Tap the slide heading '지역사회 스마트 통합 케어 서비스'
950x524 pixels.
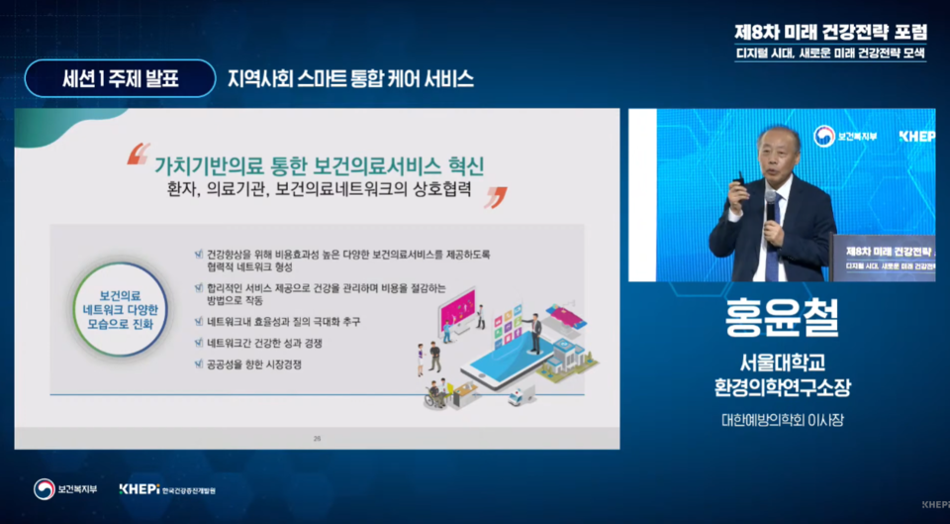point(350,78)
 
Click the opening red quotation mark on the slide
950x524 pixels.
point(139,154)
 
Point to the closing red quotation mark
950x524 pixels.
point(495,196)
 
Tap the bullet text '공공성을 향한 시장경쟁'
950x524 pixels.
point(255,365)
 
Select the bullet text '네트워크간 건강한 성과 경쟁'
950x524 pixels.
point(266,343)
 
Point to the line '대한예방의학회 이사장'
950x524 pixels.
point(782,421)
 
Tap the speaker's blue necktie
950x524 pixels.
point(772,248)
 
